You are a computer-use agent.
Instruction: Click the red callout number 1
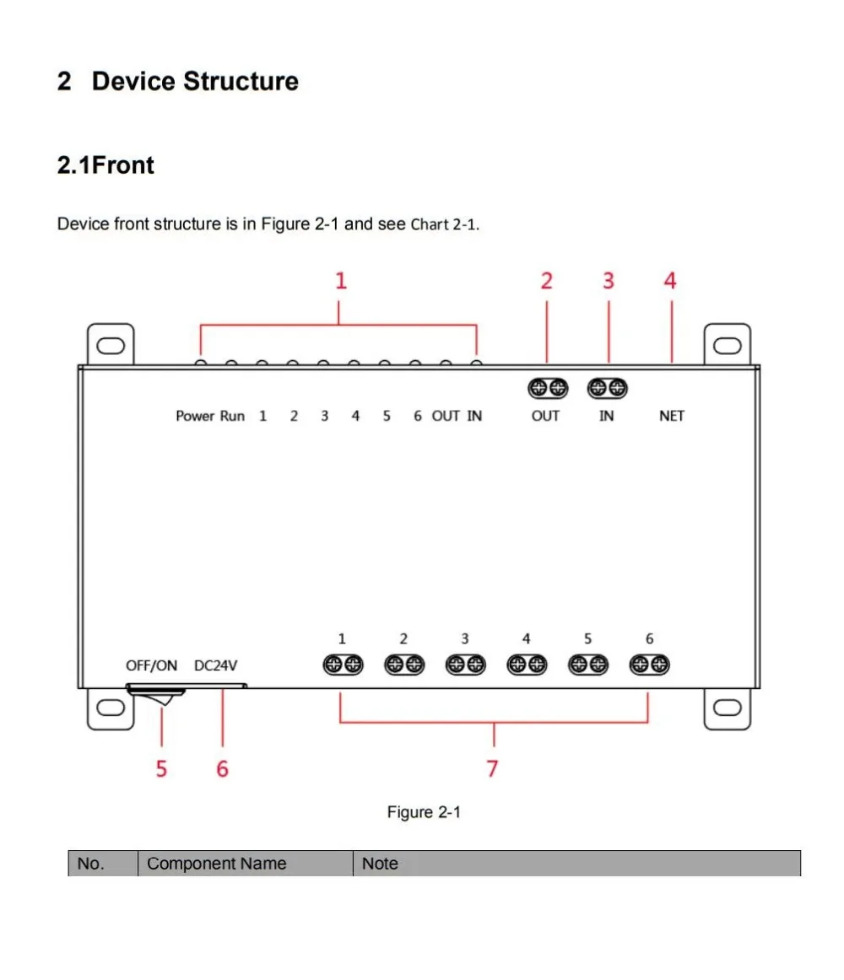coord(340,281)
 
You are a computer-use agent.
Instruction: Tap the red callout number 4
coord(670,281)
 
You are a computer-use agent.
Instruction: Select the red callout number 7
coord(492,768)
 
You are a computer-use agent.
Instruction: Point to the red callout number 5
coord(161,768)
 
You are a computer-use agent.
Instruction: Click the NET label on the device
coord(672,416)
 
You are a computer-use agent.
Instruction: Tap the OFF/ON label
coord(152,665)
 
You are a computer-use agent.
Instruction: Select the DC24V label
coord(216,665)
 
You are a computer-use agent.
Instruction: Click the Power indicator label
coord(195,416)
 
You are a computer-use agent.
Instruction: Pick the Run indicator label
coord(232,416)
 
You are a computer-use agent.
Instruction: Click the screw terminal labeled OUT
coord(547,388)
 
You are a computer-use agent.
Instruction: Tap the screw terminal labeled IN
coord(608,388)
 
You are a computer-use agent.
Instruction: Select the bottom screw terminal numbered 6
coord(649,665)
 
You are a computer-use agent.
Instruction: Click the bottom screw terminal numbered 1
coord(342,665)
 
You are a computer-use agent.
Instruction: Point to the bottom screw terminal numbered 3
coord(465,665)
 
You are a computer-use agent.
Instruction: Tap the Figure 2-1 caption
coord(424,812)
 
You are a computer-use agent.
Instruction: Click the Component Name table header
coord(216,864)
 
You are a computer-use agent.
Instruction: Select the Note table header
coord(380,864)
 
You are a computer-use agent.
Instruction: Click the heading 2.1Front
coord(105,165)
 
